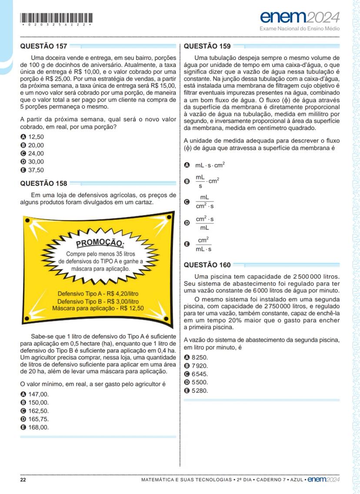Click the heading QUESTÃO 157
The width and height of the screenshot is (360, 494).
coord(43,46)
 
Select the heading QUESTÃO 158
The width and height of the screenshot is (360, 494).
coord(43,184)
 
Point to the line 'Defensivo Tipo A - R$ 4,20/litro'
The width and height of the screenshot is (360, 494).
coord(98,293)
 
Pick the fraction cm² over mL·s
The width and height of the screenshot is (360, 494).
coord(203,244)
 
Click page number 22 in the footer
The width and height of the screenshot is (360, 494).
coord(23,480)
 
